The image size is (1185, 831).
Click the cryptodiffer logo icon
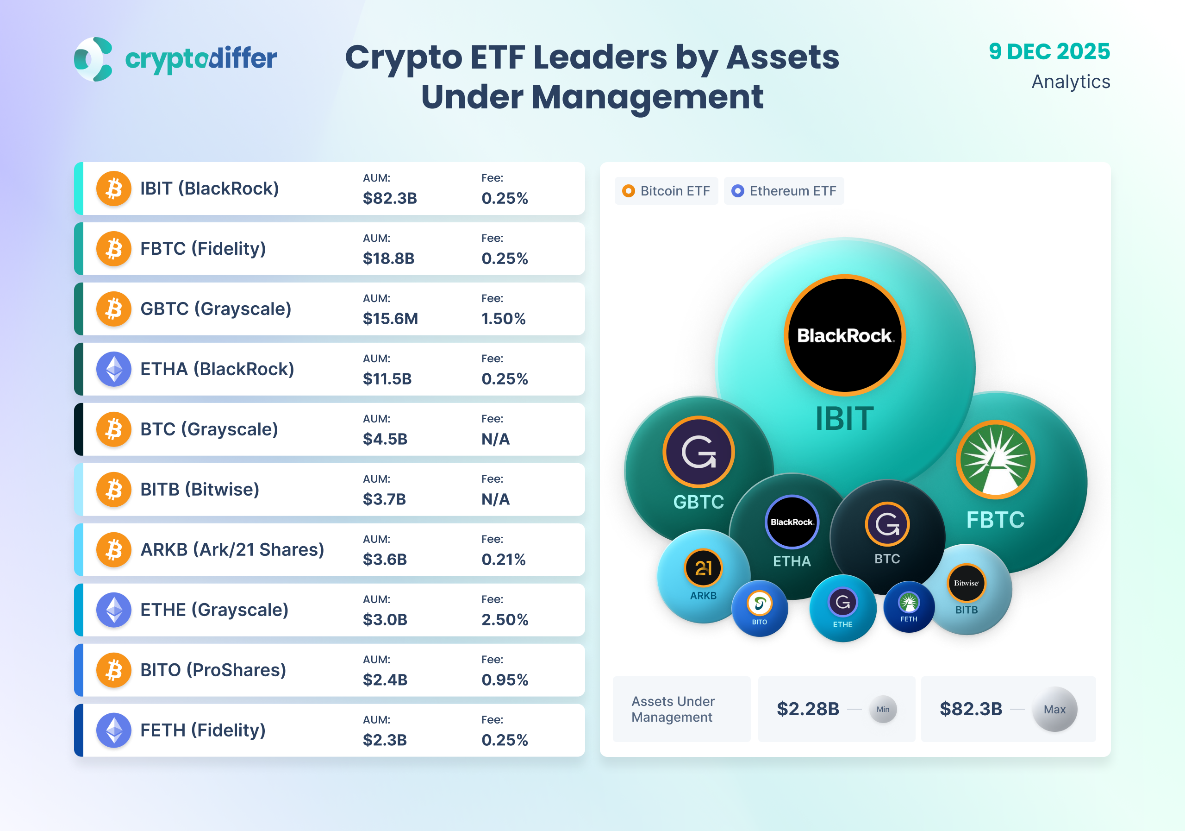pyautogui.click(x=94, y=59)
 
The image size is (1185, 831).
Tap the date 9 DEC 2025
pyautogui.click(x=1049, y=51)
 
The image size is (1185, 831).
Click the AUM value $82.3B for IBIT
pyautogui.click(x=390, y=198)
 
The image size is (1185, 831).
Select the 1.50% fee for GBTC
pyautogui.click(x=503, y=319)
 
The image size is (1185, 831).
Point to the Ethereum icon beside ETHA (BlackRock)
pyautogui.click(x=114, y=369)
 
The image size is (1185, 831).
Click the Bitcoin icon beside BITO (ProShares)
pyautogui.click(x=114, y=670)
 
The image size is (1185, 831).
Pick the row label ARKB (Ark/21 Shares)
pyautogui.click(x=232, y=549)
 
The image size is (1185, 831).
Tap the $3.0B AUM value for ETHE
pyautogui.click(x=385, y=619)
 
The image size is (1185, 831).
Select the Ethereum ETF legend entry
pyautogui.click(x=784, y=191)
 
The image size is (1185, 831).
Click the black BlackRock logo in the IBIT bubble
pyautogui.click(x=845, y=335)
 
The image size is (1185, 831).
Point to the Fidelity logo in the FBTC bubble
pyautogui.click(x=995, y=460)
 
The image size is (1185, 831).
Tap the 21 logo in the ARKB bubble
pyautogui.click(x=703, y=567)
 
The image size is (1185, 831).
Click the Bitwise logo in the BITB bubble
pyautogui.click(x=966, y=583)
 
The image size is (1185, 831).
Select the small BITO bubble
pyautogui.click(x=760, y=608)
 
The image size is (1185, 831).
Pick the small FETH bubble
pyautogui.click(x=909, y=607)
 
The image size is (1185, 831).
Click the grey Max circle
pyautogui.click(x=1054, y=709)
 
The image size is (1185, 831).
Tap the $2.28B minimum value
pyautogui.click(x=808, y=709)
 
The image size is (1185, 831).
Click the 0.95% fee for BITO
pyautogui.click(x=504, y=680)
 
